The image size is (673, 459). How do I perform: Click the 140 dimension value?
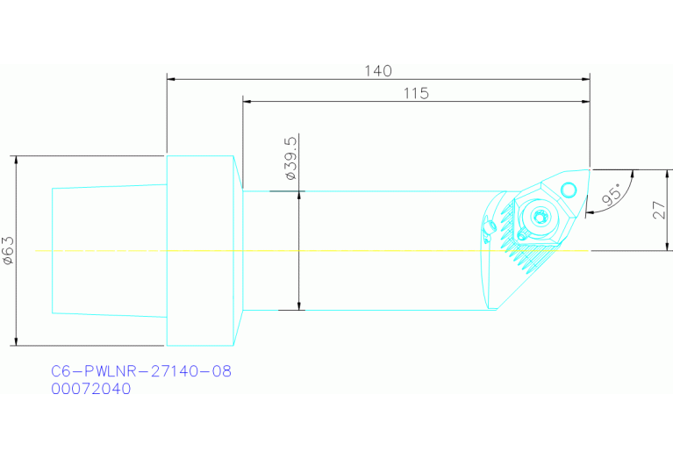coord(378,71)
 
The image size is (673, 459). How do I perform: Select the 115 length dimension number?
coord(416,93)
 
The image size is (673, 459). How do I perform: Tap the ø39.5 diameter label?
coord(290,159)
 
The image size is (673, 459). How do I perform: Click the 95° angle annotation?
coord(612,194)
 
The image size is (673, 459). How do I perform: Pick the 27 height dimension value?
coord(659,211)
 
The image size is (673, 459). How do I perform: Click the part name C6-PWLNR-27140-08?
coord(141,371)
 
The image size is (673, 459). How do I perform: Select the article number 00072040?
coord(91,389)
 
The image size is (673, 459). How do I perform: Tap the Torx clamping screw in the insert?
coord(540,217)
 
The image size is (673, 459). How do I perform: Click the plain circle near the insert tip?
coord(569,189)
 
